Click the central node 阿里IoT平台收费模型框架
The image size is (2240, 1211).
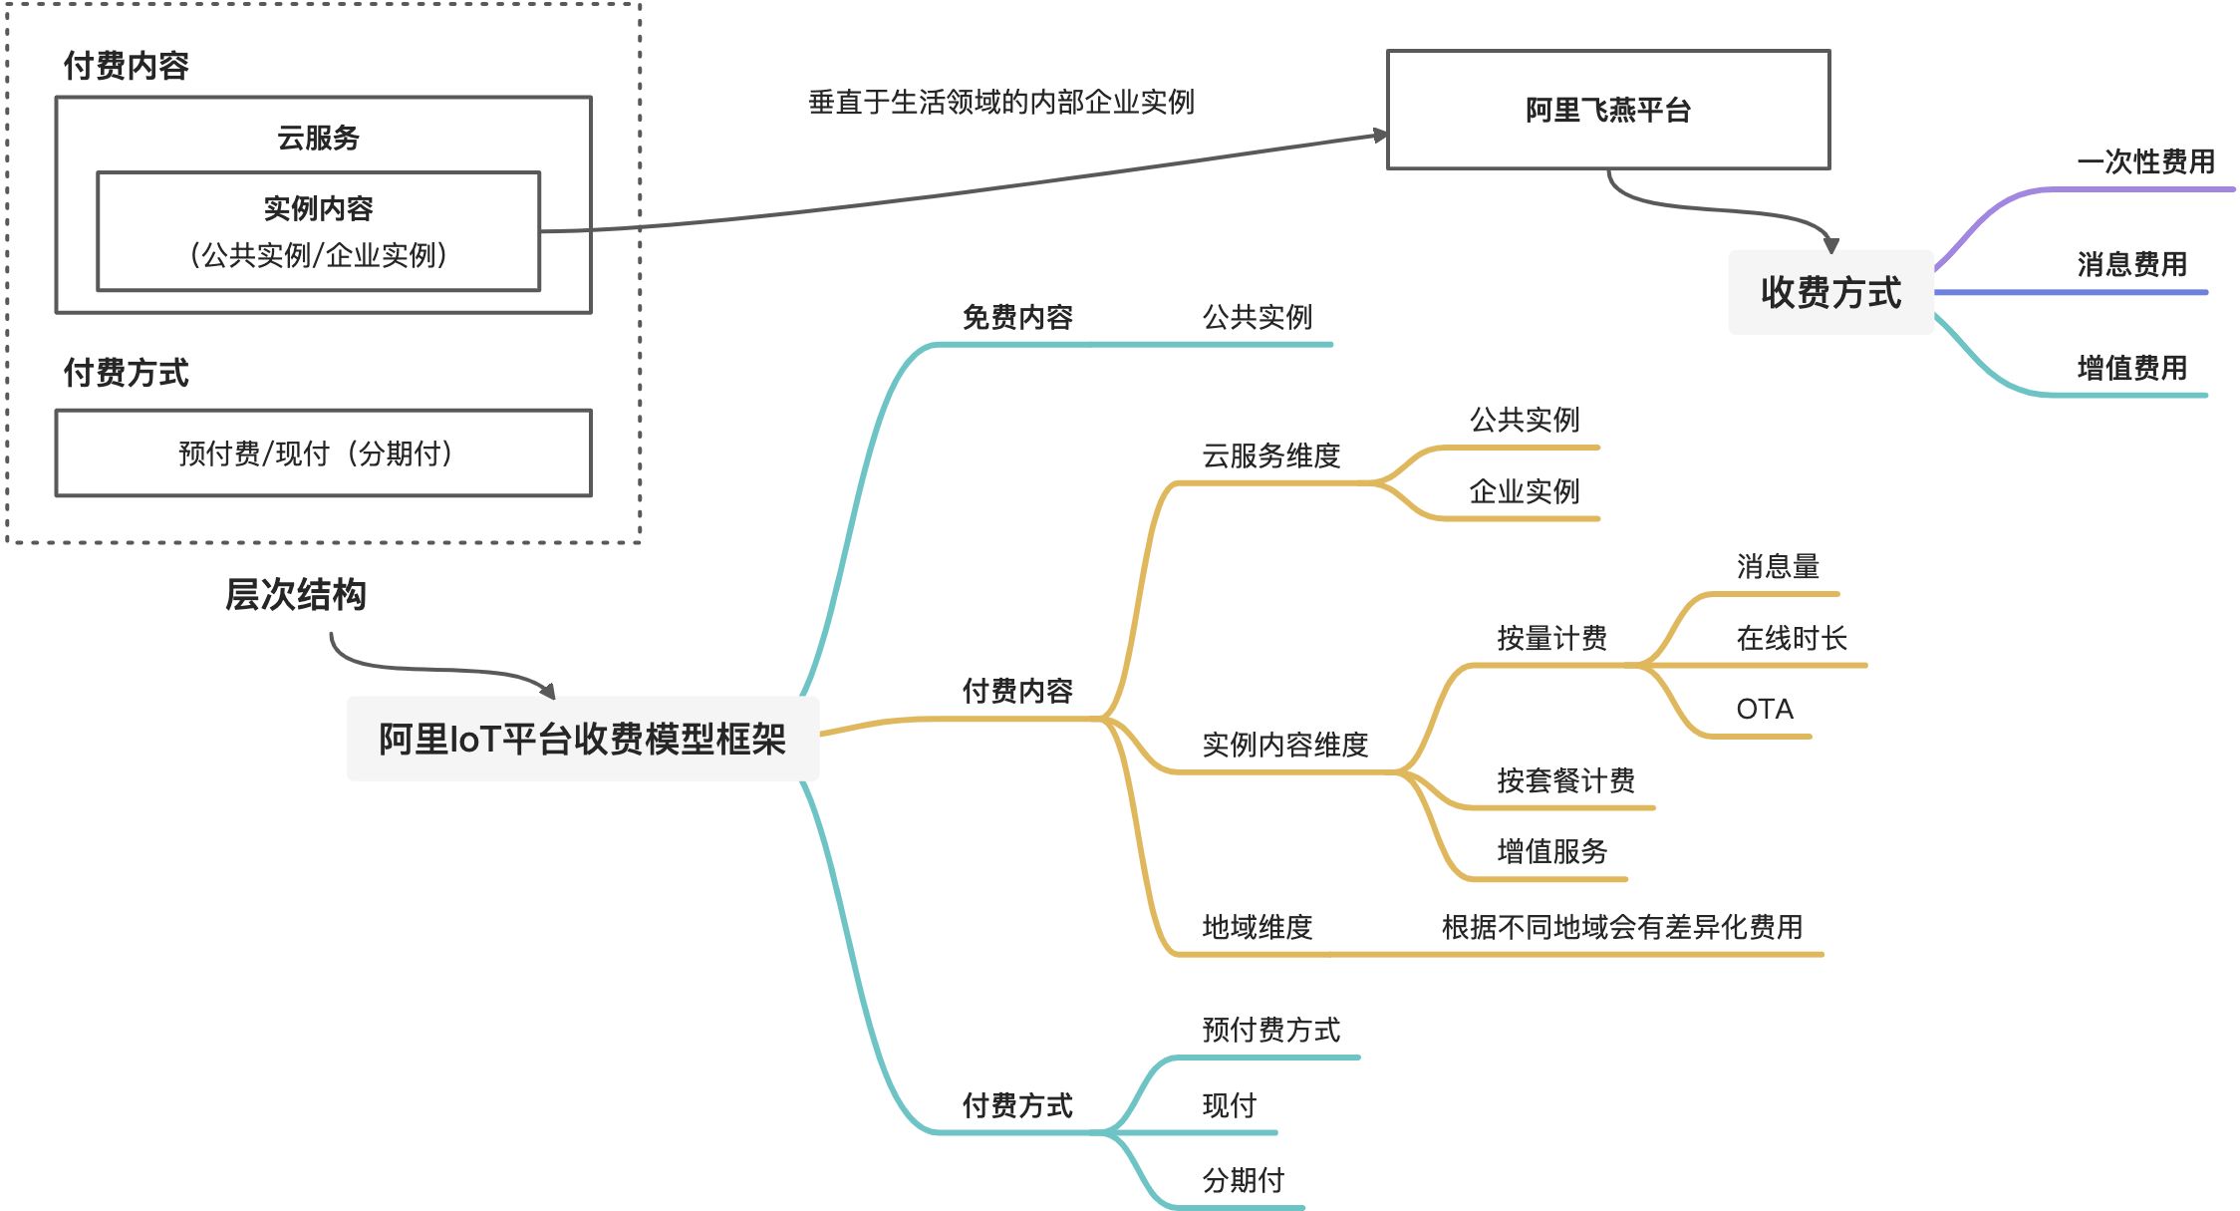[x=582, y=740]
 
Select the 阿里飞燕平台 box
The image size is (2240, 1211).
[x=1607, y=110]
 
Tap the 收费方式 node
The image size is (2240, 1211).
[x=1830, y=292]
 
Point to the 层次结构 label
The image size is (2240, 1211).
[x=295, y=595]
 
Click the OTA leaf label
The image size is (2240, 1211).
[x=1764, y=710]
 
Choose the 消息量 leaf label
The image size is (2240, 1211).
[x=1778, y=567]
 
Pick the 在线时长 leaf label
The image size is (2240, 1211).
[x=1791, y=639]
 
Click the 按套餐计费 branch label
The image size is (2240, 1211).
[x=1565, y=780]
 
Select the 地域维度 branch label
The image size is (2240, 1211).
[x=1257, y=928]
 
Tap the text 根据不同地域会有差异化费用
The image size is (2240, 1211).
[x=1621, y=928]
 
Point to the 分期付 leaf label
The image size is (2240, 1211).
[x=1243, y=1181]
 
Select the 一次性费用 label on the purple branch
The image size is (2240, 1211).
[x=2145, y=161]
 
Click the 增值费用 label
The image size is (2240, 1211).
[x=2131, y=369]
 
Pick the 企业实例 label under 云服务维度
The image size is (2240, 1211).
[x=1524, y=492]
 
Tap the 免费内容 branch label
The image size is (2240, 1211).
[x=1016, y=318]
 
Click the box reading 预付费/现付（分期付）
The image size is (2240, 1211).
[x=323, y=454]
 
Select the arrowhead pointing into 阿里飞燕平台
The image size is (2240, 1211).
[x=1379, y=136]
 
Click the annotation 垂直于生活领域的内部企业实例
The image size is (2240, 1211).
[x=1000, y=102]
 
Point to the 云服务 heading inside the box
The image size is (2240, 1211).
[x=318, y=138]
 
